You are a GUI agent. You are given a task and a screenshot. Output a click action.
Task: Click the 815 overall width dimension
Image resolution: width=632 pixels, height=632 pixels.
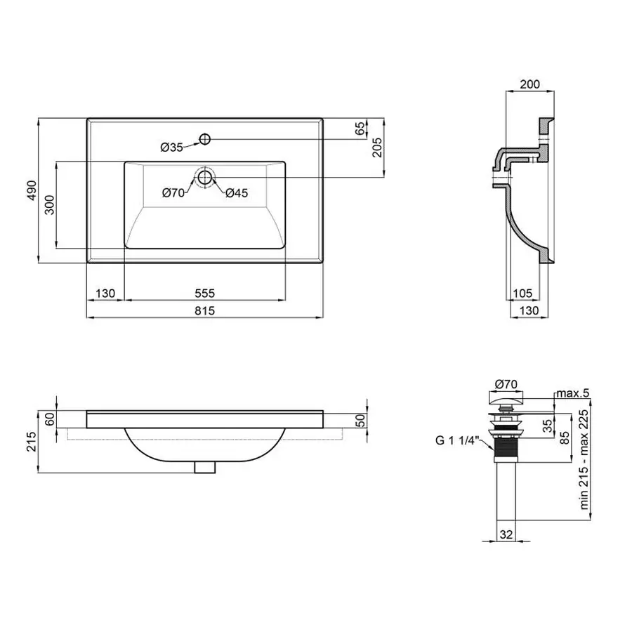[x=205, y=311]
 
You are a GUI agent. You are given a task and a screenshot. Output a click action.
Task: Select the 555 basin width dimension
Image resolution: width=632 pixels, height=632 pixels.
[x=205, y=294]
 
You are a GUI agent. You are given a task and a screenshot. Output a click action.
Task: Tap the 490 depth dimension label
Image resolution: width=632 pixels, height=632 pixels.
[x=32, y=190]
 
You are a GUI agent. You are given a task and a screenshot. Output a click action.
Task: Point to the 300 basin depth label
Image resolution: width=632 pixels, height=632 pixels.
[x=49, y=205]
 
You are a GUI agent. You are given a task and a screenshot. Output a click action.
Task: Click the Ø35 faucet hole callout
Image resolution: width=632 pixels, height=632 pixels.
[x=172, y=147]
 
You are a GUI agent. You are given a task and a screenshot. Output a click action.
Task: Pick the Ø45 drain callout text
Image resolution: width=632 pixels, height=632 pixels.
[x=237, y=193]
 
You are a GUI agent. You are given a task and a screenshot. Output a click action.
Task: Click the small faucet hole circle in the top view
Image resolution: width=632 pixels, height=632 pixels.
[x=205, y=140]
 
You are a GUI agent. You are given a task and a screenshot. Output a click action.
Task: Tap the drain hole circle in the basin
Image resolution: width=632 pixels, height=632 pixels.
[x=205, y=178]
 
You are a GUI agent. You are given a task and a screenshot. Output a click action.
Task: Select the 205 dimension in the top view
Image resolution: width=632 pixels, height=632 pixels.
[x=377, y=147]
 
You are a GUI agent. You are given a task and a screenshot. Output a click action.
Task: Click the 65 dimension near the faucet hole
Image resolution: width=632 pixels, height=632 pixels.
[x=360, y=129]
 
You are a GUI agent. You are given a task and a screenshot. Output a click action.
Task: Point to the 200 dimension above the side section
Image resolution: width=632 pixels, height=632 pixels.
[x=529, y=84]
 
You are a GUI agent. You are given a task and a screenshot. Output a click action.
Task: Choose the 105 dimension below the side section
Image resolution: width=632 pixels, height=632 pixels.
[x=522, y=294]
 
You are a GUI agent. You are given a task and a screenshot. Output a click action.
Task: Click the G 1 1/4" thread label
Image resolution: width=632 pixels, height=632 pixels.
[x=456, y=440]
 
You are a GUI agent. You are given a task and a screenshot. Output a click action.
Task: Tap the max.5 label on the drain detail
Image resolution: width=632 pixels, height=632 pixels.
[x=573, y=393]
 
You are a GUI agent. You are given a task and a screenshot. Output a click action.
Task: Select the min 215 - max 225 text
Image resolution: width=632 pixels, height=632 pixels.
[x=584, y=459]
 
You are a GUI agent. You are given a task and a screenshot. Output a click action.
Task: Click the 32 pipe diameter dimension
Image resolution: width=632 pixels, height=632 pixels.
[x=506, y=534]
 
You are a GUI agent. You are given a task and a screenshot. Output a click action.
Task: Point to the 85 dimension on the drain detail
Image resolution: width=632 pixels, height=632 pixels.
[x=565, y=437]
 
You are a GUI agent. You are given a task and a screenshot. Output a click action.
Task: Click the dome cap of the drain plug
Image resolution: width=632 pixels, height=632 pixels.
[x=506, y=400]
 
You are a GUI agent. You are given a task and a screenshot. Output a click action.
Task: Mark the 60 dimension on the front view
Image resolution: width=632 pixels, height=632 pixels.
[x=49, y=420]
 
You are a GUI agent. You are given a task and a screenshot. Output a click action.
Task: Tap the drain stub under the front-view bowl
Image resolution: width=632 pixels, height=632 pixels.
[x=205, y=468]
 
